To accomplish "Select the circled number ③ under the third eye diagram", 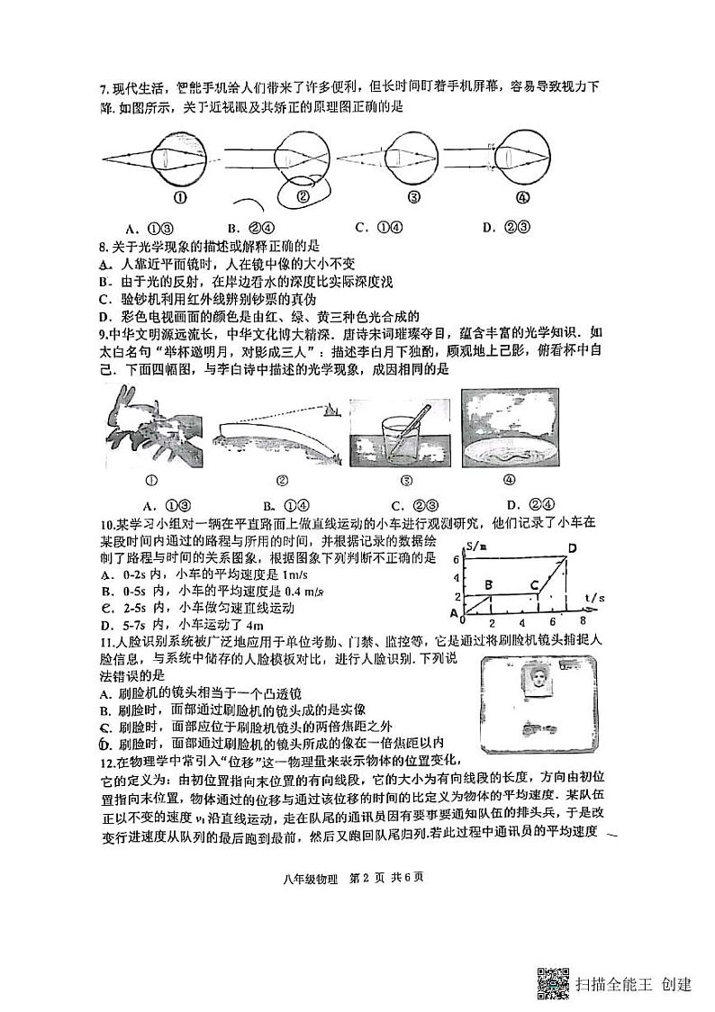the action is tap(413, 198).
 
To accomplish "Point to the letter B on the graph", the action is tap(488, 585).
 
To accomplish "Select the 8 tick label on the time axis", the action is tap(583, 621).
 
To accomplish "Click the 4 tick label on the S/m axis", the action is tap(457, 578).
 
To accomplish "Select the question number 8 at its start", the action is tap(103, 246).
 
